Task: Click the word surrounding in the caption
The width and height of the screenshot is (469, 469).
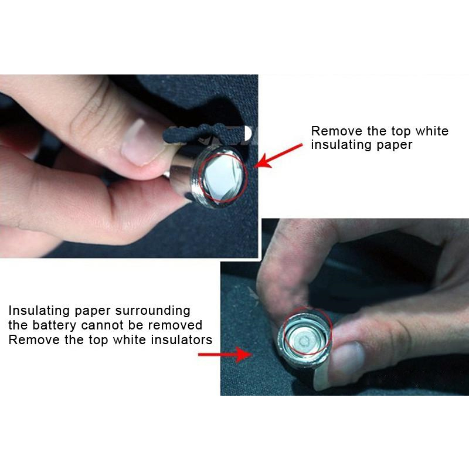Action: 153,311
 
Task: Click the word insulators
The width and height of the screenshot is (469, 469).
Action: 179,340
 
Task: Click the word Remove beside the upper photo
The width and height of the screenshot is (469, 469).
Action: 334,131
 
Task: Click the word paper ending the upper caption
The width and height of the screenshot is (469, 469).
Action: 396,145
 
